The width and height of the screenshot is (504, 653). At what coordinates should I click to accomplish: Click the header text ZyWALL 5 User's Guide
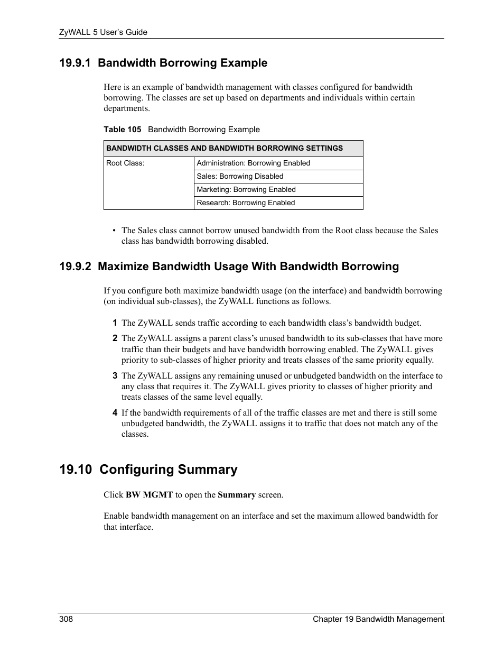(x=103, y=32)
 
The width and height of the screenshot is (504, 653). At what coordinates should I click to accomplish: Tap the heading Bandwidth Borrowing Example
(x=183, y=63)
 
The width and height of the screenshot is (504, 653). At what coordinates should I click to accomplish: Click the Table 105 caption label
(x=122, y=130)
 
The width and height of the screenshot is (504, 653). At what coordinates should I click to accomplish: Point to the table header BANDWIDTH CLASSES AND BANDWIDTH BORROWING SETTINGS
(x=225, y=149)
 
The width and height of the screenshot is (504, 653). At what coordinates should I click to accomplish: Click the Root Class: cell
(x=125, y=163)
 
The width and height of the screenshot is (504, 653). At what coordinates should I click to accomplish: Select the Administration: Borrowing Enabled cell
(x=253, y=163)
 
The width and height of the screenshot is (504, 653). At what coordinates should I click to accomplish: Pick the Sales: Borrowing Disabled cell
(x=240, y=177)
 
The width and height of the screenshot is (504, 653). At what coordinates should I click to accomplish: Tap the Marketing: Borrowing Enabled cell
(x=246, y=190)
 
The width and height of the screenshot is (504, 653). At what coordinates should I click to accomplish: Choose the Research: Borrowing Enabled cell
(x=246, y=203)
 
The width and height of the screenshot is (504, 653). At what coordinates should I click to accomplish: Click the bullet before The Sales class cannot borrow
(x=114, y=231)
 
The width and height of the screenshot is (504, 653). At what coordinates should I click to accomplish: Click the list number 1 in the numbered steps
(x=114, y=323)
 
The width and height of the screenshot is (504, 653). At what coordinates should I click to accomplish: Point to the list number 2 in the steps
(x=114, y=338)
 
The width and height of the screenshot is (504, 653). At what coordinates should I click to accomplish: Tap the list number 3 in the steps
(x=114, y=376)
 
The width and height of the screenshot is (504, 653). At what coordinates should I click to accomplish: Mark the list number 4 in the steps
(x=114, y=413)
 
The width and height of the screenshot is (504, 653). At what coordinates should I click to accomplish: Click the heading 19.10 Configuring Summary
(x=148, y=470)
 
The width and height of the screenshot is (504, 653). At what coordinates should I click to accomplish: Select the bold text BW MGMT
(x=149, y=495)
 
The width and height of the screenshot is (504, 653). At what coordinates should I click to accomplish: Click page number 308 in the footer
(x=66, y=619)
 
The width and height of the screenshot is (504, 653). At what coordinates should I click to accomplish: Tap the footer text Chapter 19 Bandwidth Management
(x=378, y=619)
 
